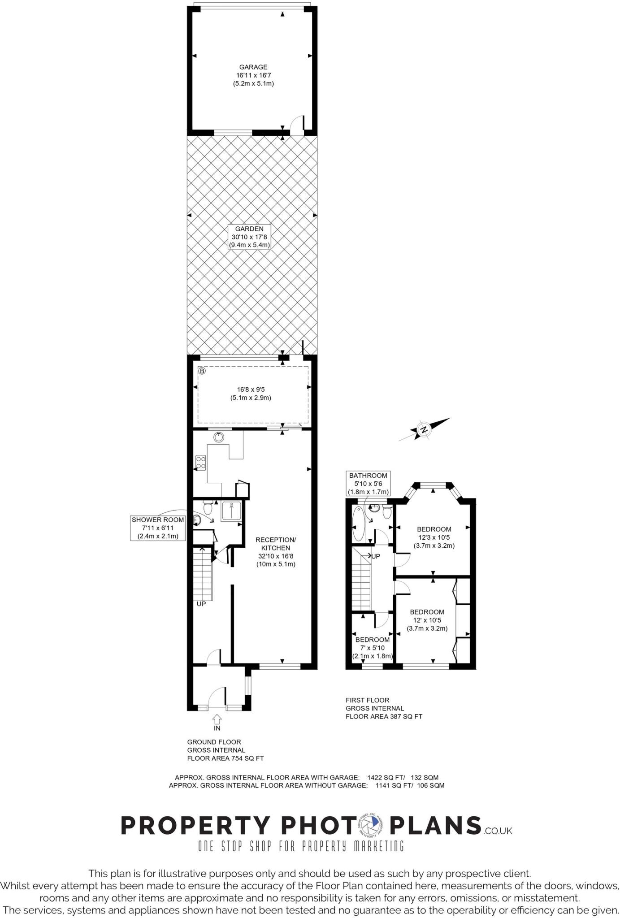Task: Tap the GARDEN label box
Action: pyautogui.click(x=249, y=237)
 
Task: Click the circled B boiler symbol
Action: pyautogui.click(x=202, y=371)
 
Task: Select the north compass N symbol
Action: pyautogui.click(x=424, y=430)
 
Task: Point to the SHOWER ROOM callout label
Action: pyautogui.click(x=158, y=528)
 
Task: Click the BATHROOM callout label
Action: pyautogui.click(x=368, y=483)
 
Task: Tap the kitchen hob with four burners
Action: pyautogui.click(x=201, y=462)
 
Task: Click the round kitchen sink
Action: pyautogui.click(x=219, y=437)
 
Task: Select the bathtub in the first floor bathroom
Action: pyautogui.click(x=359, y=524)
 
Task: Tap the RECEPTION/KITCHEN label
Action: pyautogui.click(x=276, y=551)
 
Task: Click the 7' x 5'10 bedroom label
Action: pyautogui.click(x=373, y=648)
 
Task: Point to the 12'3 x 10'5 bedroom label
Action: pyautogui.click(x=434, y=537)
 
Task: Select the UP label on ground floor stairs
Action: pyautogui.click(x=201, y=604)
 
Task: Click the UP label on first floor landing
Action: pyautogui.click(x=376, y=556)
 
